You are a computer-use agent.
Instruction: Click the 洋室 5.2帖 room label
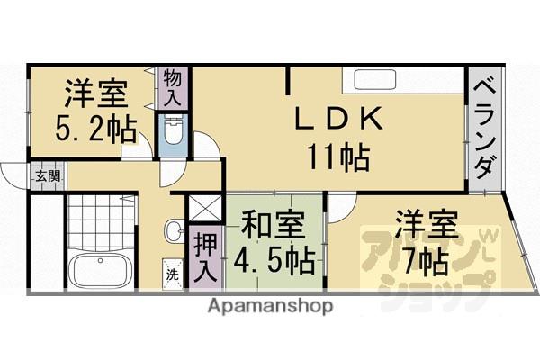94,112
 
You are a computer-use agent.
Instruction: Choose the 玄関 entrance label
47,175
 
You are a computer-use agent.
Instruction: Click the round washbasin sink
173,232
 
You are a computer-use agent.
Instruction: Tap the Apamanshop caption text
271,306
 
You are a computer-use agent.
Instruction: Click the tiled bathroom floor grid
101,221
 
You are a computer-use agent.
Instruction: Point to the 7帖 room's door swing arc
340,209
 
